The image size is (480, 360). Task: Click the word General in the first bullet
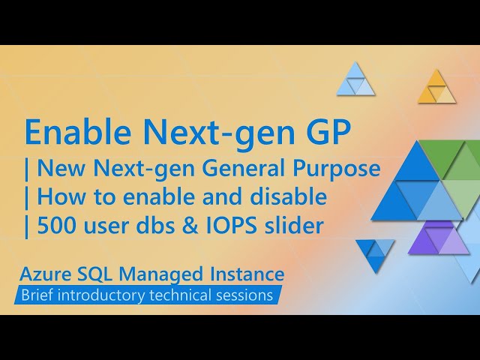[x=245, y=169]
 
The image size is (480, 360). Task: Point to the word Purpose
[x=337, y=169]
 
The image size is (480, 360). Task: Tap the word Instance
[x=245, y=273]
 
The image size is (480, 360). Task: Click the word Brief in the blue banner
[x=39, y=295]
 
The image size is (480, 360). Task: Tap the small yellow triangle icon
[x=436, y=88]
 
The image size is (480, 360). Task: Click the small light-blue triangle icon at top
[x=355, y=81]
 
